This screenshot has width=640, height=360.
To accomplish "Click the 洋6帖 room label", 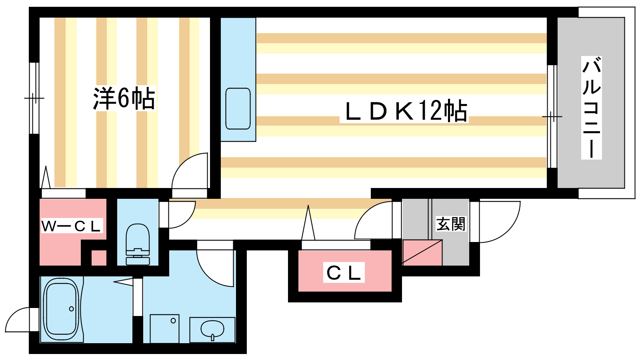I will tap(124, 98).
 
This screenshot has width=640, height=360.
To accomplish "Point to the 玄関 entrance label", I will tap(451, 224).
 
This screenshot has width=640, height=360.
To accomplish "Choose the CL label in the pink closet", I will tap(344, 273).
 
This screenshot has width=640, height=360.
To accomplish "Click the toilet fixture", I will tap(138, 244).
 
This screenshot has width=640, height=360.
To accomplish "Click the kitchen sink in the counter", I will tap(238, 108).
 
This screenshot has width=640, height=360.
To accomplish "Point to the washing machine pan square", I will tap(164, 328).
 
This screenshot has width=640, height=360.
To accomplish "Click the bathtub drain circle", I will tap(71, 309).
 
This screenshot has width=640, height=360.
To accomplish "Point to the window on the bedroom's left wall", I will tap(34, 98).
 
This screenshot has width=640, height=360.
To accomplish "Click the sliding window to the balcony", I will tap(552, 116).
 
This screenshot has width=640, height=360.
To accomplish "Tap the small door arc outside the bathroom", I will tap(18, 320).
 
